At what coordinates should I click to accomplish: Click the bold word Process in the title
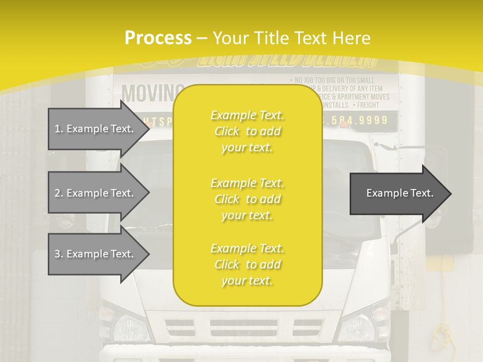[158, 38]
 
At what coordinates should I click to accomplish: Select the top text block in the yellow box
[247, 131]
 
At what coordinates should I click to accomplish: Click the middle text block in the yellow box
[247, 199]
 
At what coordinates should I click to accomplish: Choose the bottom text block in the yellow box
[247, 264]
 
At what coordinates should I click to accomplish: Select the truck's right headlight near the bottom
[358, 327]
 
